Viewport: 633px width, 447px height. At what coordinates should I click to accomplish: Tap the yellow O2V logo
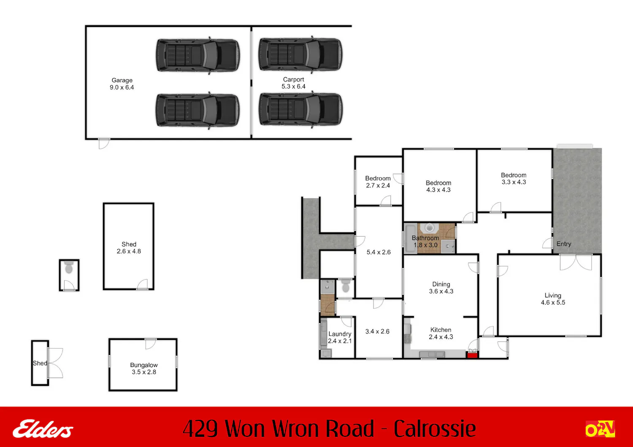click(x=600, y=429)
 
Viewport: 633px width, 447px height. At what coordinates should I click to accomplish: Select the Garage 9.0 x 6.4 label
click(x=122, y=84)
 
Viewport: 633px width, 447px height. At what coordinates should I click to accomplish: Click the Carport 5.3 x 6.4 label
click(x=293, y=83)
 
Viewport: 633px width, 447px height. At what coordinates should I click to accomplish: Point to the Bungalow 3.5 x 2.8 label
click(x=144, y=369)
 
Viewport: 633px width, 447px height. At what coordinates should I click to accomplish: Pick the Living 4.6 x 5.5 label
click(x=553, y=299)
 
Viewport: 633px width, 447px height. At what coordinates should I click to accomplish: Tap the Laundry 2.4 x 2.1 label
click(x=340, y=337)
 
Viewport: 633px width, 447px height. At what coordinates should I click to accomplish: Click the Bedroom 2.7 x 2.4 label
click(x=378, y=182)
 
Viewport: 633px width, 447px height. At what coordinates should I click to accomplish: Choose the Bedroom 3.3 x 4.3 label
click(x=514, y=178)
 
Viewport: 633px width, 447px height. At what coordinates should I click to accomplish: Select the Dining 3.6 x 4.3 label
click(x=441, y=288)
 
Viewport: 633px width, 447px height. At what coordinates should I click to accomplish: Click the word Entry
click(x=564, y=244)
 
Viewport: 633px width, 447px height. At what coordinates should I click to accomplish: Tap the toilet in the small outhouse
click(x=69, y=267)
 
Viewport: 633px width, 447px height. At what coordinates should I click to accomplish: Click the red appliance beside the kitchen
click(x=472, y=354)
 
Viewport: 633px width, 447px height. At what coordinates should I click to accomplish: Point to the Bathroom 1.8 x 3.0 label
click(x=425, y=242)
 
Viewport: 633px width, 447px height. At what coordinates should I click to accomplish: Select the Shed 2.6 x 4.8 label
click(x=129, y=248)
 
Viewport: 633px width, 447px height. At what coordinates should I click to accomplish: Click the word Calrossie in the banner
click(x=435, y=428)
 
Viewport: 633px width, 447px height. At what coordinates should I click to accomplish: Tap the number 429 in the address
click(x=200, y=428)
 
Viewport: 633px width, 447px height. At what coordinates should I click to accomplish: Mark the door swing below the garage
click(x=104, y=144)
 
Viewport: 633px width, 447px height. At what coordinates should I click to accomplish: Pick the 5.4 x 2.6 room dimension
click(x=379, y=252)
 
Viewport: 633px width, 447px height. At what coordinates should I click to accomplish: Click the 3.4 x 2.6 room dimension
click(x=377, y=331)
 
